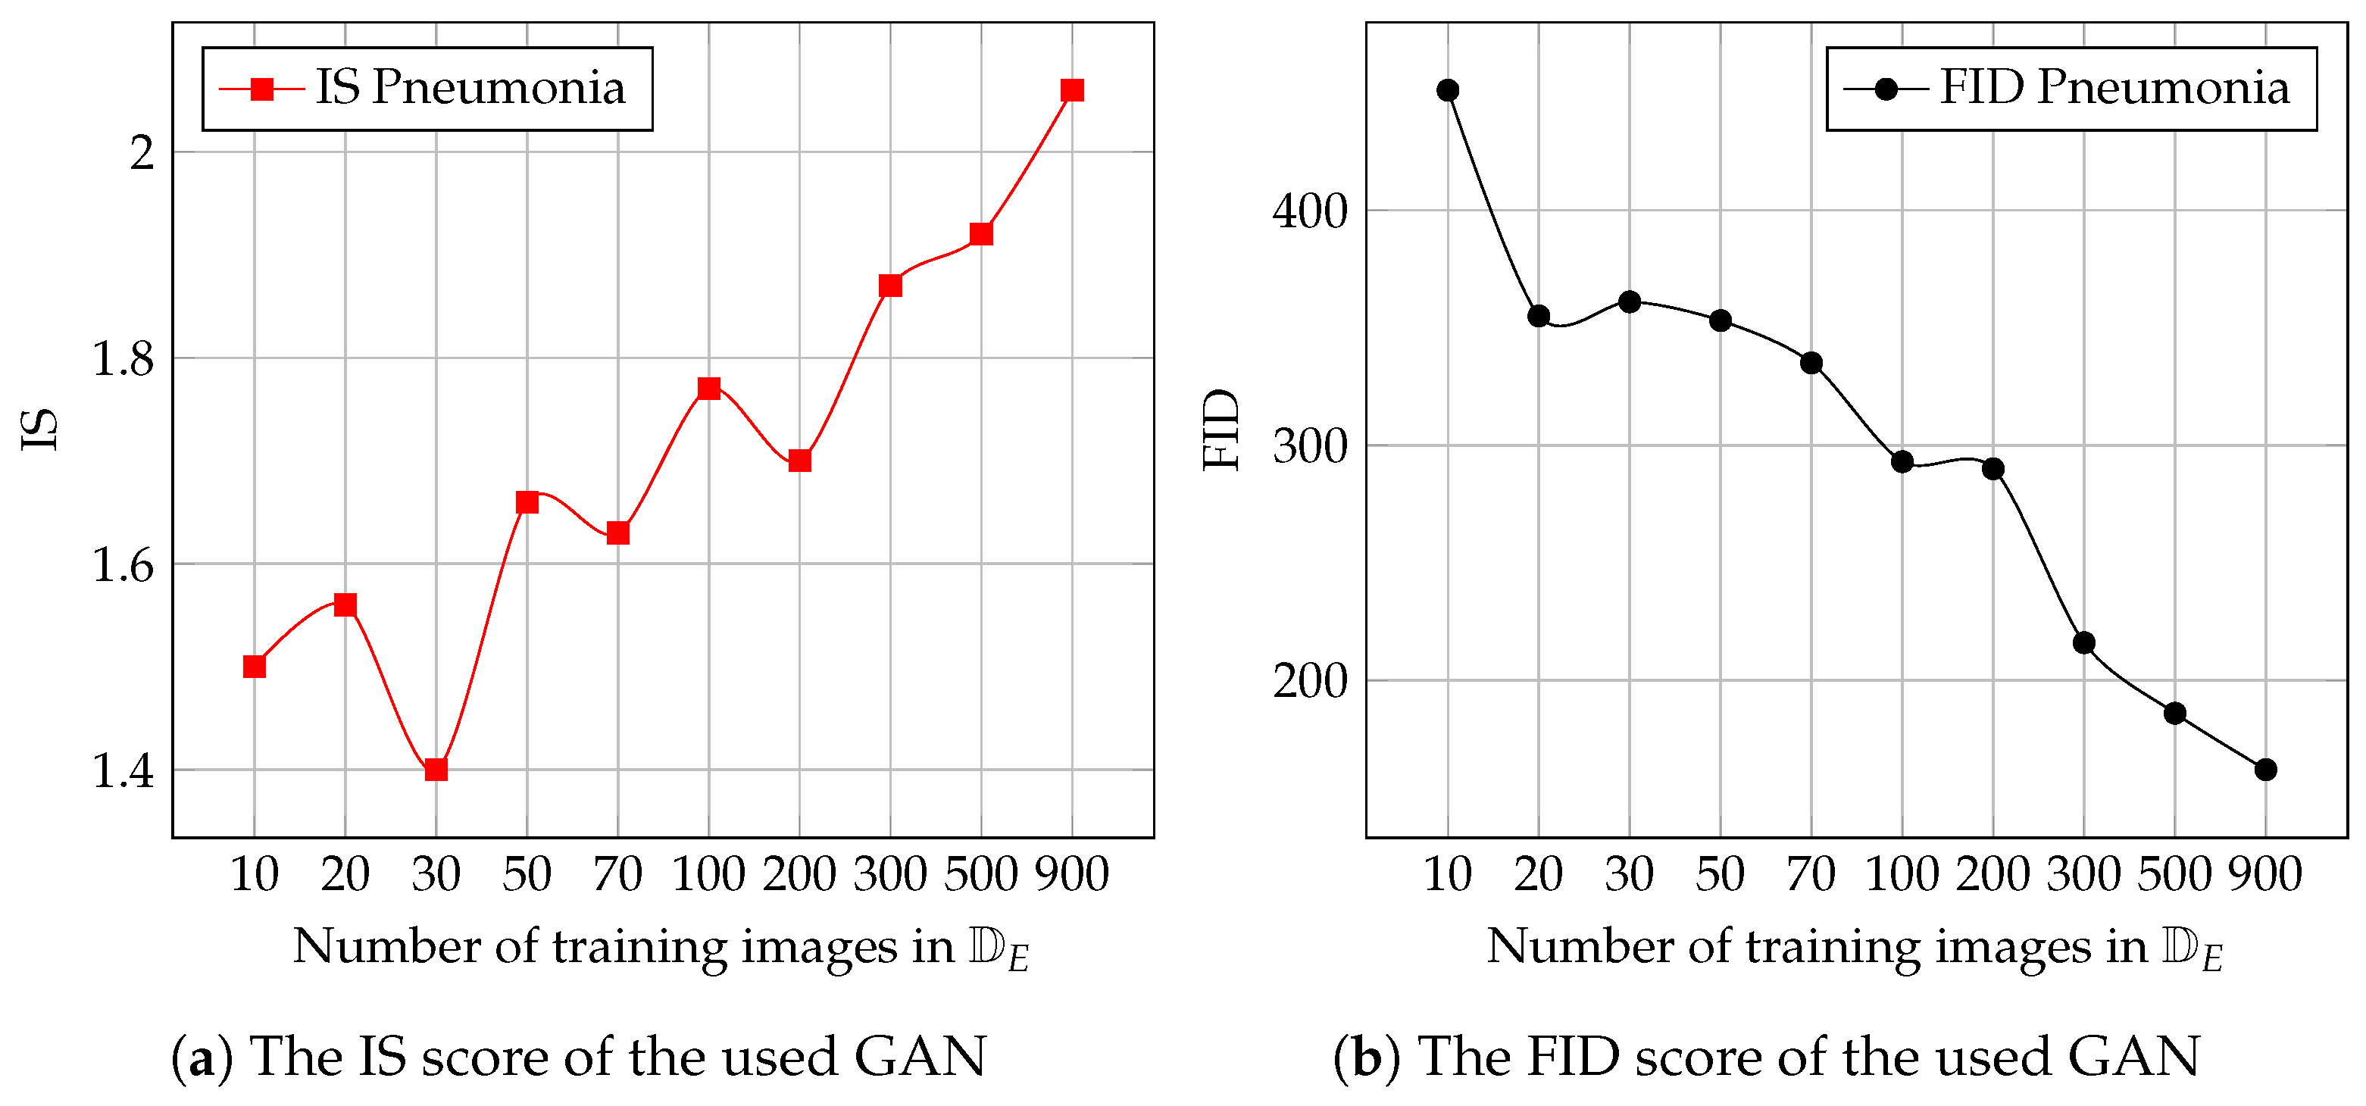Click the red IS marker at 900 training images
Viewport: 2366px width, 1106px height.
pyautogui.click(x=1072, y=90)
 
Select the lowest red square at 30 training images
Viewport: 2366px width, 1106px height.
pyautogui.click(x=436, y=769)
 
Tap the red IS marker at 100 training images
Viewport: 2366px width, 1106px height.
pyautogui.click(x=708, y=388)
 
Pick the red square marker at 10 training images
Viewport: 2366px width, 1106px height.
pyautogui.click(x=255, y=666)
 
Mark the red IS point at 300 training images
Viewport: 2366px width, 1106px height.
pyautogui.click(x=890, y=286)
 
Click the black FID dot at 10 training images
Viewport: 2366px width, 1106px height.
pyautogui.click(x=1448, y=90)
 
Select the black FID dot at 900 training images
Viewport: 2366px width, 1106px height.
pyautogui.click(x=2265, y=769)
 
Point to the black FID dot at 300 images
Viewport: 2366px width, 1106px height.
pyautogui.click(x=2084, y=642)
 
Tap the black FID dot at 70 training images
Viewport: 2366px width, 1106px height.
pyautogui.click(x=1811, y=363)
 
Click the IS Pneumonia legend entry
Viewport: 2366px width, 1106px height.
pyautogui.click(x=427, y=88)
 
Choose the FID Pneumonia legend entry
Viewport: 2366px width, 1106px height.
pyautogui.click(x=2071, y=88)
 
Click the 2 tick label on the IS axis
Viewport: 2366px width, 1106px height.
pyautogui.click(x=142, y=152)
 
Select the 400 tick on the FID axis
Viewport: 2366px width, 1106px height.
pyautogui.click(x=1310, y=211)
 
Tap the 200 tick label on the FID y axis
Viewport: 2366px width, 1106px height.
pyautogui.click(x=1310, y=682)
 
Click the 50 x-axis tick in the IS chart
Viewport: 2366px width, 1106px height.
pyautogui.click(x=527, y=873)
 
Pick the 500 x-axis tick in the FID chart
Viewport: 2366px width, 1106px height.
pyautogui.click(x=2174, y=873)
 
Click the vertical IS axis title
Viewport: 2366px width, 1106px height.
pyautogui.click(x=40, y=429)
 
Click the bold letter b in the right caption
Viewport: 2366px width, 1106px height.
pyautogui.click(x=1367, y=1058)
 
